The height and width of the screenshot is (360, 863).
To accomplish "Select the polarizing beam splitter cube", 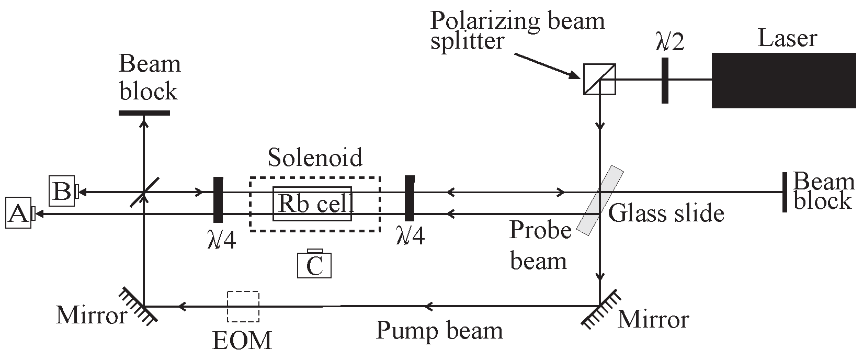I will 599,80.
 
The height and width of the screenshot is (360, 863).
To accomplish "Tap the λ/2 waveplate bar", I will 665,81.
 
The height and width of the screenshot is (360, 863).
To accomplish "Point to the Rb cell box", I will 312,204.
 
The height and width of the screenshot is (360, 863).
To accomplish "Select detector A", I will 18,213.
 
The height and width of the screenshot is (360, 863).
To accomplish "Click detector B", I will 62,192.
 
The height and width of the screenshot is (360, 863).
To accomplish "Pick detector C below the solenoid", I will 314,264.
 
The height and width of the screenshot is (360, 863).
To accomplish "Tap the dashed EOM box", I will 243,306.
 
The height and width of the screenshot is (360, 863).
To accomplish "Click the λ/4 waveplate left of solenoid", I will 218,199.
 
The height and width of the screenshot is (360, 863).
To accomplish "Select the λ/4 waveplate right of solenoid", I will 410,199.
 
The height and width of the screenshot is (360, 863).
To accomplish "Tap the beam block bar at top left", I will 144,113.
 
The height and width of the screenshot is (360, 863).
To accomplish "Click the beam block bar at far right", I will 785,192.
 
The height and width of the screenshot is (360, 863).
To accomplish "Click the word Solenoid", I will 315,157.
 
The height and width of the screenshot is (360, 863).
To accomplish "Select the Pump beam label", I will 439,331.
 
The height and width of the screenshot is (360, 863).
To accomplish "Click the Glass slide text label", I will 666,213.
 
